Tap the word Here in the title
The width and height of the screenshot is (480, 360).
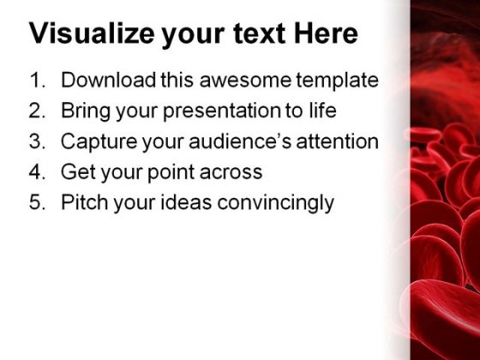tap(326, 33)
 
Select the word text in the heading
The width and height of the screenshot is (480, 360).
tap(259, 33)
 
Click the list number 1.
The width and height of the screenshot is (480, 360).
tap(38, 81)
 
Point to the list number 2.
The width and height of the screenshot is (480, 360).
tap(38, 111)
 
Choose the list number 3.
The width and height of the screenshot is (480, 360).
tap(38, 141)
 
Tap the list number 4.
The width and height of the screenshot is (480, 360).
tap(38, 171)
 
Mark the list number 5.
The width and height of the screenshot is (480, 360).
tap(38, 202)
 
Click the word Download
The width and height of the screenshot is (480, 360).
tap(108, 80)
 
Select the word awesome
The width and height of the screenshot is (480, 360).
tap(245, 81)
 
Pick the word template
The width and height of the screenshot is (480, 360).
tap(338, 81)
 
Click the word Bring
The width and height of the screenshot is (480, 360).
tap(86, 111)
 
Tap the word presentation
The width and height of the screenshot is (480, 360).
tap(222, 111)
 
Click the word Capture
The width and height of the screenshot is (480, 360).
tap(99, 142)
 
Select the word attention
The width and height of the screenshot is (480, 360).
tap(338, 141)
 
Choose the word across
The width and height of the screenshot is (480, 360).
tap(231, 172)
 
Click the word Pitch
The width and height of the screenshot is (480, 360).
tap(85, 202)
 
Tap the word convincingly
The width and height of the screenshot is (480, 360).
tap(275, 204)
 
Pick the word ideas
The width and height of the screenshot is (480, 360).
tap(186, 202)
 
